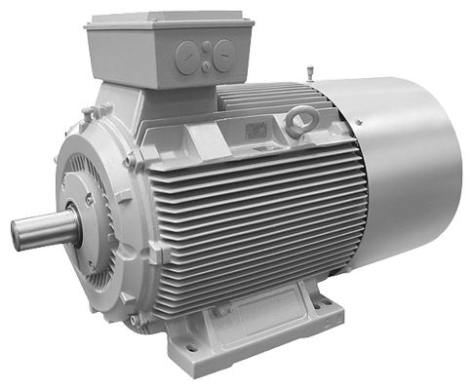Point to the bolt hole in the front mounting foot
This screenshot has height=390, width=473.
click(x=190, y=346)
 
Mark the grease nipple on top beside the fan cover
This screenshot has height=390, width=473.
click(x=311, y=72)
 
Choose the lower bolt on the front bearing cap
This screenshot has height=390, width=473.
click(x=90, y=263)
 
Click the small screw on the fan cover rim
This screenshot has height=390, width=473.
click(x=359, y=122)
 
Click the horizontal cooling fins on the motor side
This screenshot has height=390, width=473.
click(x=254, y=224)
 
